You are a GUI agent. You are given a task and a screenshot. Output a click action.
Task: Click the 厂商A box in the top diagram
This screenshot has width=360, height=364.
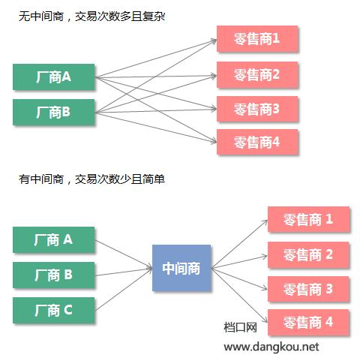[54, 77]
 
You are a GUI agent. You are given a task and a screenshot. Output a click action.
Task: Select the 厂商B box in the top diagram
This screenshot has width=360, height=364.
[54, 112]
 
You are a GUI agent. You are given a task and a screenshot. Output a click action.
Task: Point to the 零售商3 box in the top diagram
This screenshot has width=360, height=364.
[257, 108]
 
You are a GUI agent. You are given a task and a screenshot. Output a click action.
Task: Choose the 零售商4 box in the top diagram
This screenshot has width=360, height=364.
[257, 142]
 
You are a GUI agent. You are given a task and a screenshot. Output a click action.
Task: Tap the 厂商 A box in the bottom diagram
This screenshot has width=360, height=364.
[54, 239]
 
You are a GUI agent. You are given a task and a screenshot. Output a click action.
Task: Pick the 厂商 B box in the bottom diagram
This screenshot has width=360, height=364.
[54, 275]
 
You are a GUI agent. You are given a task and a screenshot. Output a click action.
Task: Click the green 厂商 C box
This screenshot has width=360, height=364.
[54, 309]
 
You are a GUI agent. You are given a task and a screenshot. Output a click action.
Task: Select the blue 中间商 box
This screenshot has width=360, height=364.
[181, 267]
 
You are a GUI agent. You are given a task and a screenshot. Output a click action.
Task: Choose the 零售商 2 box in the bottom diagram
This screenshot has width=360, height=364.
[308, 254]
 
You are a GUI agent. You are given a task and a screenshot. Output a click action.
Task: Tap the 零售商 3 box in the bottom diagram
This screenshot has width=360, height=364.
[308, 288]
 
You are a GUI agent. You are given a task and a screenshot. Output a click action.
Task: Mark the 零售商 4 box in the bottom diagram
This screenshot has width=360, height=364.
[308, 323]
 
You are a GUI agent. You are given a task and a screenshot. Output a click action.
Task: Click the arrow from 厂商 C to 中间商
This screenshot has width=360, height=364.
[124, 290]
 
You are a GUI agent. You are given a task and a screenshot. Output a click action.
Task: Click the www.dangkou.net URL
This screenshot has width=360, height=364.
[271, 347]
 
